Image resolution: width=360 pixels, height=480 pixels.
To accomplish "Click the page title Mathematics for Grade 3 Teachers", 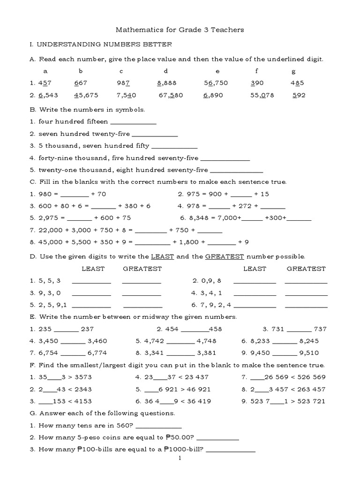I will tap(180, 30).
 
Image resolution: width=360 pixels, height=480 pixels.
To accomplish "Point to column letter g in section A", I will tap(293, 71).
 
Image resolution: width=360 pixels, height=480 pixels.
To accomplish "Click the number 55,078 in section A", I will tap(262, 95).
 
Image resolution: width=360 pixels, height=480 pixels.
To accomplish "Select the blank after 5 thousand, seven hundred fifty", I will tap(175, 146).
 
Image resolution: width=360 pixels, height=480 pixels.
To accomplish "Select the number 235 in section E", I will tap(45, 329).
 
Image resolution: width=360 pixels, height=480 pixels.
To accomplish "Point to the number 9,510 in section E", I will tap(318, 353).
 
